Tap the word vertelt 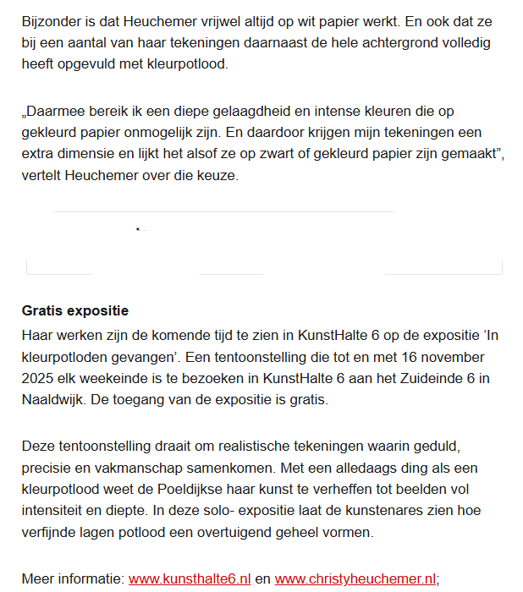click(42, 175)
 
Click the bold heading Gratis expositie click(74, 311)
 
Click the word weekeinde click(113, 378)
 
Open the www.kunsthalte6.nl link click(190, 579)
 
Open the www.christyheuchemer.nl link click(355, 579)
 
